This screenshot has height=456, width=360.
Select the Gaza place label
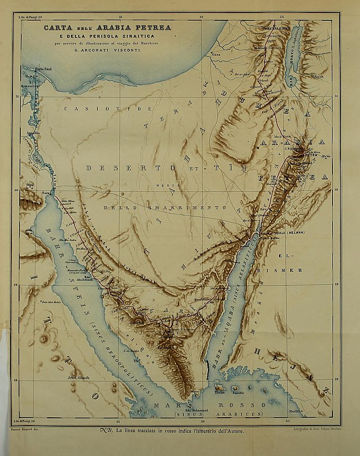point(214,55)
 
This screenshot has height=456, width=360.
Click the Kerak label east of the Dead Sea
point(318,76)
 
